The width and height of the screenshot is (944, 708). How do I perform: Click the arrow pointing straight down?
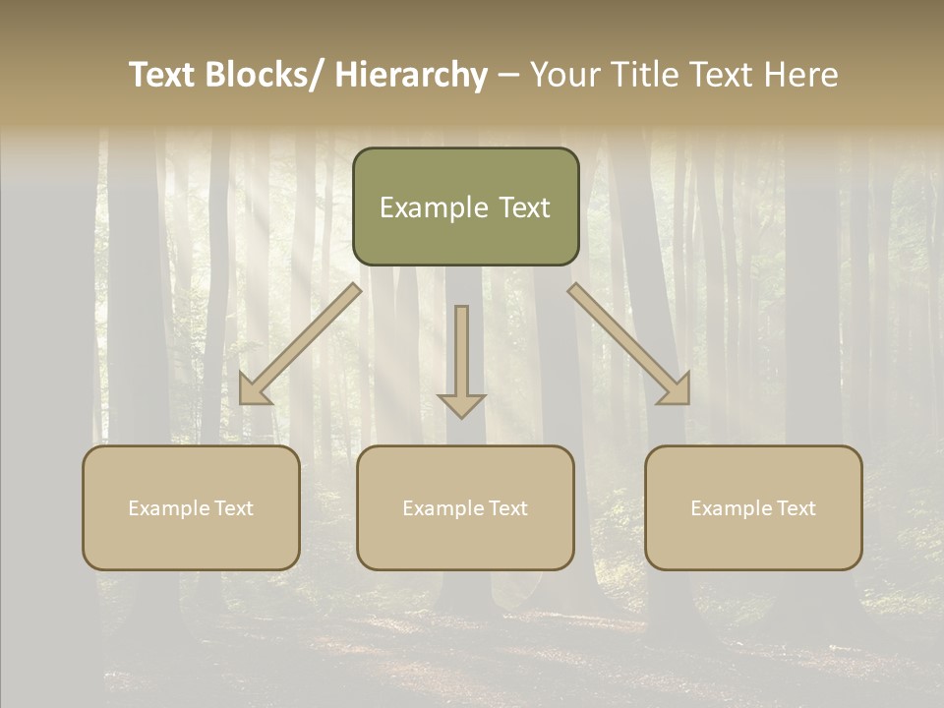click(x=461, y=359)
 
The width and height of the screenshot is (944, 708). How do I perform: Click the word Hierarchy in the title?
click(x=411, y=75)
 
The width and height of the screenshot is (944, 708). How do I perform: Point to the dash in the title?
click(x=508, y=76)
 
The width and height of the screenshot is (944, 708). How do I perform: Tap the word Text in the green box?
click(x=522, y=207)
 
